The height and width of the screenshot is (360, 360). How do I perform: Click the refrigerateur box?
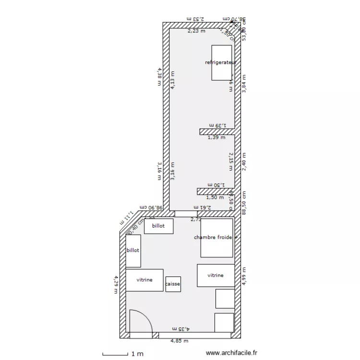221,62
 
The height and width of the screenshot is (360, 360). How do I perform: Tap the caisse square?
173,284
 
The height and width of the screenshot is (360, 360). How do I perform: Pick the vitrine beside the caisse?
144,280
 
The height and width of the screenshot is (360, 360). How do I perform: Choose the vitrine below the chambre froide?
216,276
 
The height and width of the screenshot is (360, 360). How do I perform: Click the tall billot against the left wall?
133,251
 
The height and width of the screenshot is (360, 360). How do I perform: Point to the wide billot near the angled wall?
158,226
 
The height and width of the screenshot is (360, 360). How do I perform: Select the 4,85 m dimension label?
180,341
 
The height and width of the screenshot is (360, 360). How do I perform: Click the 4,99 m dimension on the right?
244,276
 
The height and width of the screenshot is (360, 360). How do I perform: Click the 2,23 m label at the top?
196,31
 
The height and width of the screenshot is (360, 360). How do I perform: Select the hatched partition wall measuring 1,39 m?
216,131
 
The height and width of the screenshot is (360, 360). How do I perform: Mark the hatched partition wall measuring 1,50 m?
215,191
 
